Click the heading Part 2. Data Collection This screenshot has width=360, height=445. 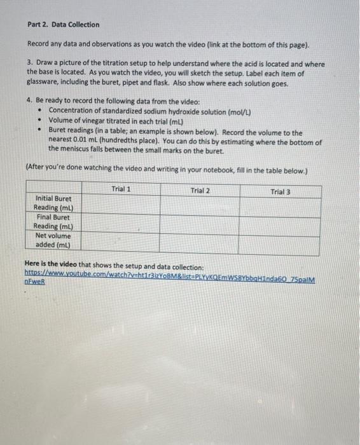coord(63,25)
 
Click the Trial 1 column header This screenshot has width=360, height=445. coord(121,189)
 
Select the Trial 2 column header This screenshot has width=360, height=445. coord(200,190)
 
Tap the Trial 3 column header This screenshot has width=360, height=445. coord(280,191)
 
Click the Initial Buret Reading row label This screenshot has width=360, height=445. coord(53,203)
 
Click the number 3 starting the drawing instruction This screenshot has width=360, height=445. coord(29,64)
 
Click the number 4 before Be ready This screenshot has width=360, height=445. coord(29,102)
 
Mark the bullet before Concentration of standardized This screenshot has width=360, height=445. coord(39,112)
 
